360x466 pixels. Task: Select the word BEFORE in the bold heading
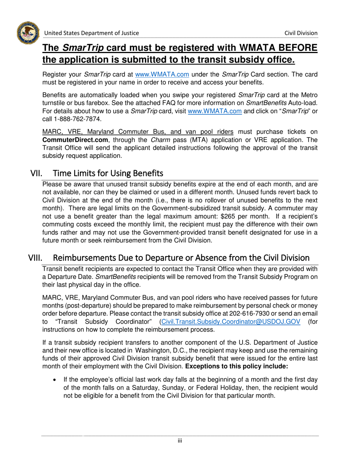294,48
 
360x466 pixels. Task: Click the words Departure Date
69,276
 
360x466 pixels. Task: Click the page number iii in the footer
180,441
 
